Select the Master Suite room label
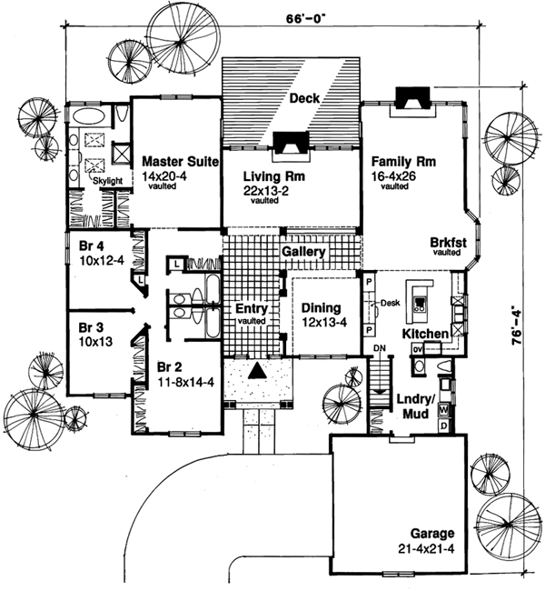click(x=178, y=162)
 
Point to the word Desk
click(x=391, y=304)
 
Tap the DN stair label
click(x=380, y=349)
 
